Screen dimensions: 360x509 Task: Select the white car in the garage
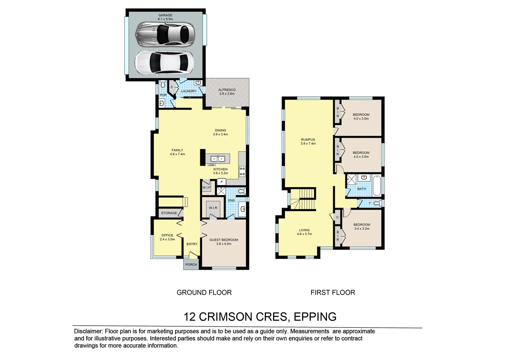click(x=164, y=62)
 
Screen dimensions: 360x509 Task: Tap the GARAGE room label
click(x=165, y=15)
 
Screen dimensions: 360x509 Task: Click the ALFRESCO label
click(x=227, y=90)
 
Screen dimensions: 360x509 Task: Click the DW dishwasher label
click(x=212, y=165)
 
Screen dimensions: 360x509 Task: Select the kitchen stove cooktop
click(x=242, y=171)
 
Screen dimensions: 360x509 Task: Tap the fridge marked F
click(x=222, y=182)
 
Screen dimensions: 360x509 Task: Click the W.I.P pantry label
click(x=207, y=188)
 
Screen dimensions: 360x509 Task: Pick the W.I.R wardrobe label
click(x=213, y=208)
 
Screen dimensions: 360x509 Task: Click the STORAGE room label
click(x=169, y=213)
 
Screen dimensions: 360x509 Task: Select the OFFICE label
click(x=167, y=235)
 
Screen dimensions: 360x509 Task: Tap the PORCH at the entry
click(x=191, y=265)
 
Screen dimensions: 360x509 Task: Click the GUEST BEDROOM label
click(x=224, y=240)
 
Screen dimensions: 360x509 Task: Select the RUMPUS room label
click(x=308, y=140)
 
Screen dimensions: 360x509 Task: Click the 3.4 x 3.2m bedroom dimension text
click(x=362, y=229)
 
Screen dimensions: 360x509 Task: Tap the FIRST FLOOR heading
click(x=333, y=293)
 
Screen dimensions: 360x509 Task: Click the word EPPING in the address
click(x=315, y=317)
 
